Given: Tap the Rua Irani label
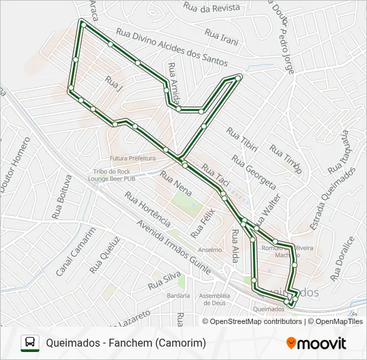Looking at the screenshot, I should pos(222,37).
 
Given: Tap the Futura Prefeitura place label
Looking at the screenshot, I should pos(133,159).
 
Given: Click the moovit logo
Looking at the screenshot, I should pos(316,343).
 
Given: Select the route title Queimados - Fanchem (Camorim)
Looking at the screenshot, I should pos(126,343).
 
